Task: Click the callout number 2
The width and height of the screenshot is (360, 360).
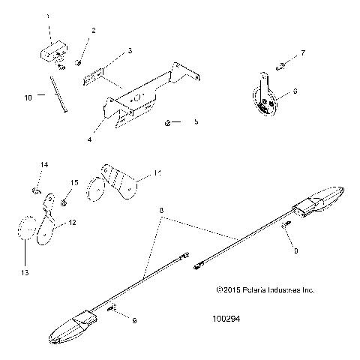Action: [94, 31]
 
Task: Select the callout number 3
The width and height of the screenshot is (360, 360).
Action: [130, 51]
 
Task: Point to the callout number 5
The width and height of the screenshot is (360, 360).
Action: [197, 121]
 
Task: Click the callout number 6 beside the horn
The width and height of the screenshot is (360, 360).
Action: [295, 91]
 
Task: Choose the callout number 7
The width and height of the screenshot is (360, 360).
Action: [303, 53]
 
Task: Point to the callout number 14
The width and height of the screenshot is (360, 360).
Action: [43, 163]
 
